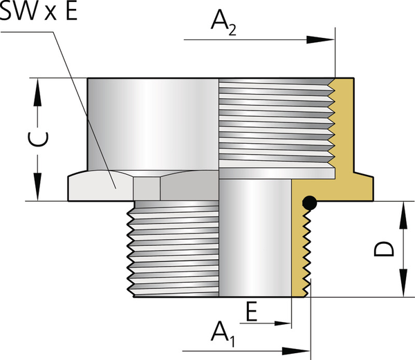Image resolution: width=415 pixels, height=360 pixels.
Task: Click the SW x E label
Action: point(39,13)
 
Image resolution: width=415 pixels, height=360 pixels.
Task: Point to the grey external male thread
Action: point(173,249)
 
